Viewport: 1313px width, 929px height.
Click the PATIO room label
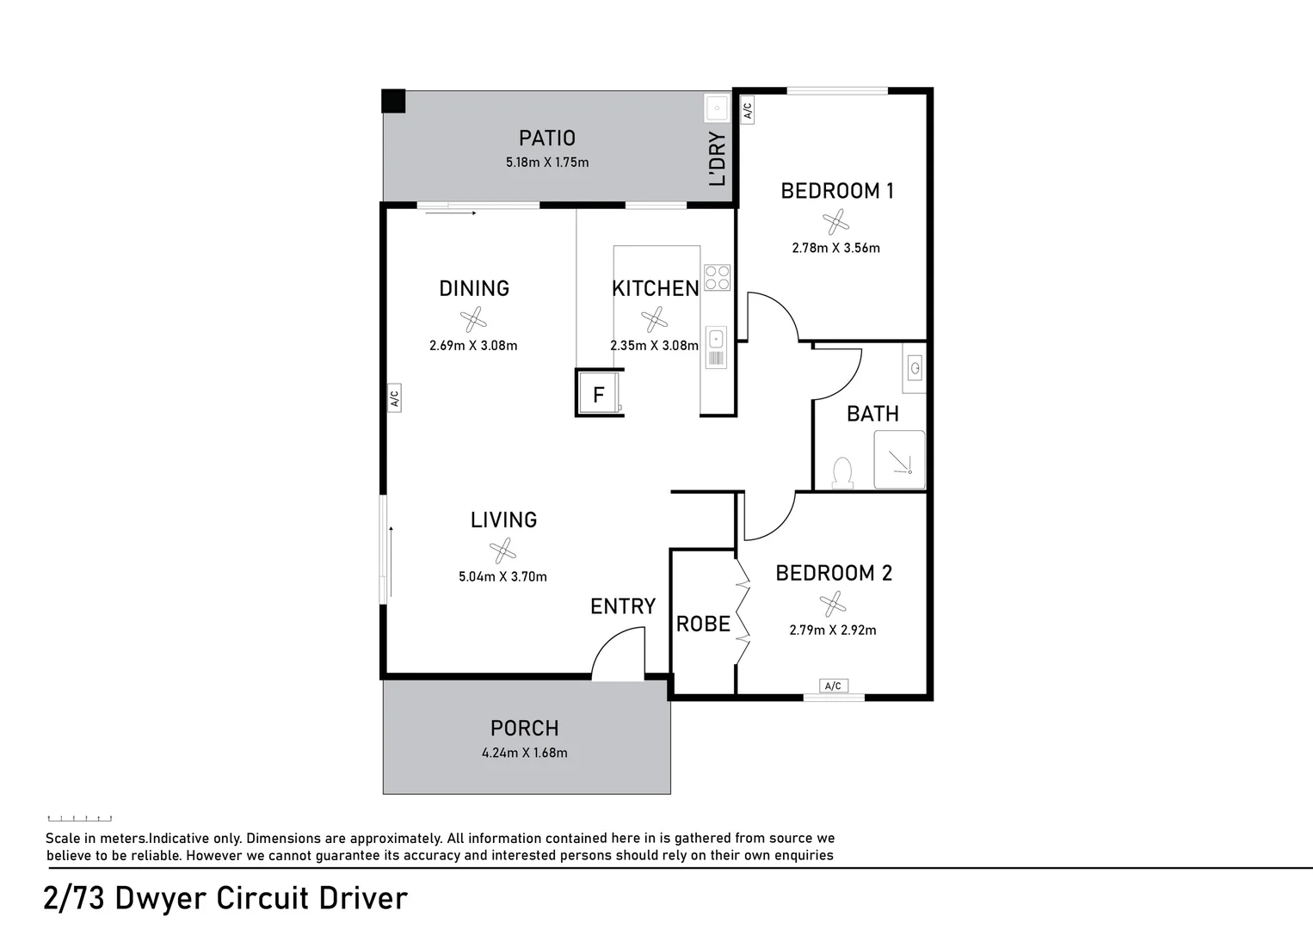pyautogui.click(x=546, y=138)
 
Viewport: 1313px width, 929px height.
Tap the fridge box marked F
pyautogui.click(x=599, y=394)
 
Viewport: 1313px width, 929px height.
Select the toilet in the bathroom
pyautogui.click(x=842, y=473)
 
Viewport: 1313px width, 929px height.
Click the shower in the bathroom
pyautogui.click(x=899, y=459)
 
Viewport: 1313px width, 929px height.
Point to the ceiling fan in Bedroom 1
pyautogui.click(x=835, y=222)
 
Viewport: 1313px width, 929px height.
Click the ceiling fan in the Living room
pyautogui.click(x=502, y=550)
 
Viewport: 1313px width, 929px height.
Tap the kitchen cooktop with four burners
pyautogui.click(x=717, y=277)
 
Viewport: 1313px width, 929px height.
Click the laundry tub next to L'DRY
pyautogui.click(x=716, y=108)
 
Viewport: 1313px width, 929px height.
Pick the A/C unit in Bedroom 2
pyautogui.click(x=833, y=686)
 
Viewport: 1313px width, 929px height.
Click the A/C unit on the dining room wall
pyautogui.click(x=394, y=398)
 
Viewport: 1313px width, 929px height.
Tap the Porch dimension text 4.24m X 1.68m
pyautogui.click(x=524, y=753)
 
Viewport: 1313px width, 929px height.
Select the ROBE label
pyautogui.click(x=703, y=624)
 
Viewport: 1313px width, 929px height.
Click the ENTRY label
pyautogui.click(x=623, y=606)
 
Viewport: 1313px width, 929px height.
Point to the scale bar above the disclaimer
pyautogui.click(x=79, y=818)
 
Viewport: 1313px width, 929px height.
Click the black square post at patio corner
pyautogui.click(x=393, y=101)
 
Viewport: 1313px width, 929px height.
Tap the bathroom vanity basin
pyautogui.click(x=915, y=370)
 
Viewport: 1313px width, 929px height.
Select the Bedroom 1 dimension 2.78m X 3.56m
pyautogui.click(x=835, y=248)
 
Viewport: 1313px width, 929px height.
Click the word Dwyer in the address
pyautogui.click(x=160, y=898)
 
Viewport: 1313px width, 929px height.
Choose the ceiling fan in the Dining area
pyautogui.click(x=473, y=320)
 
